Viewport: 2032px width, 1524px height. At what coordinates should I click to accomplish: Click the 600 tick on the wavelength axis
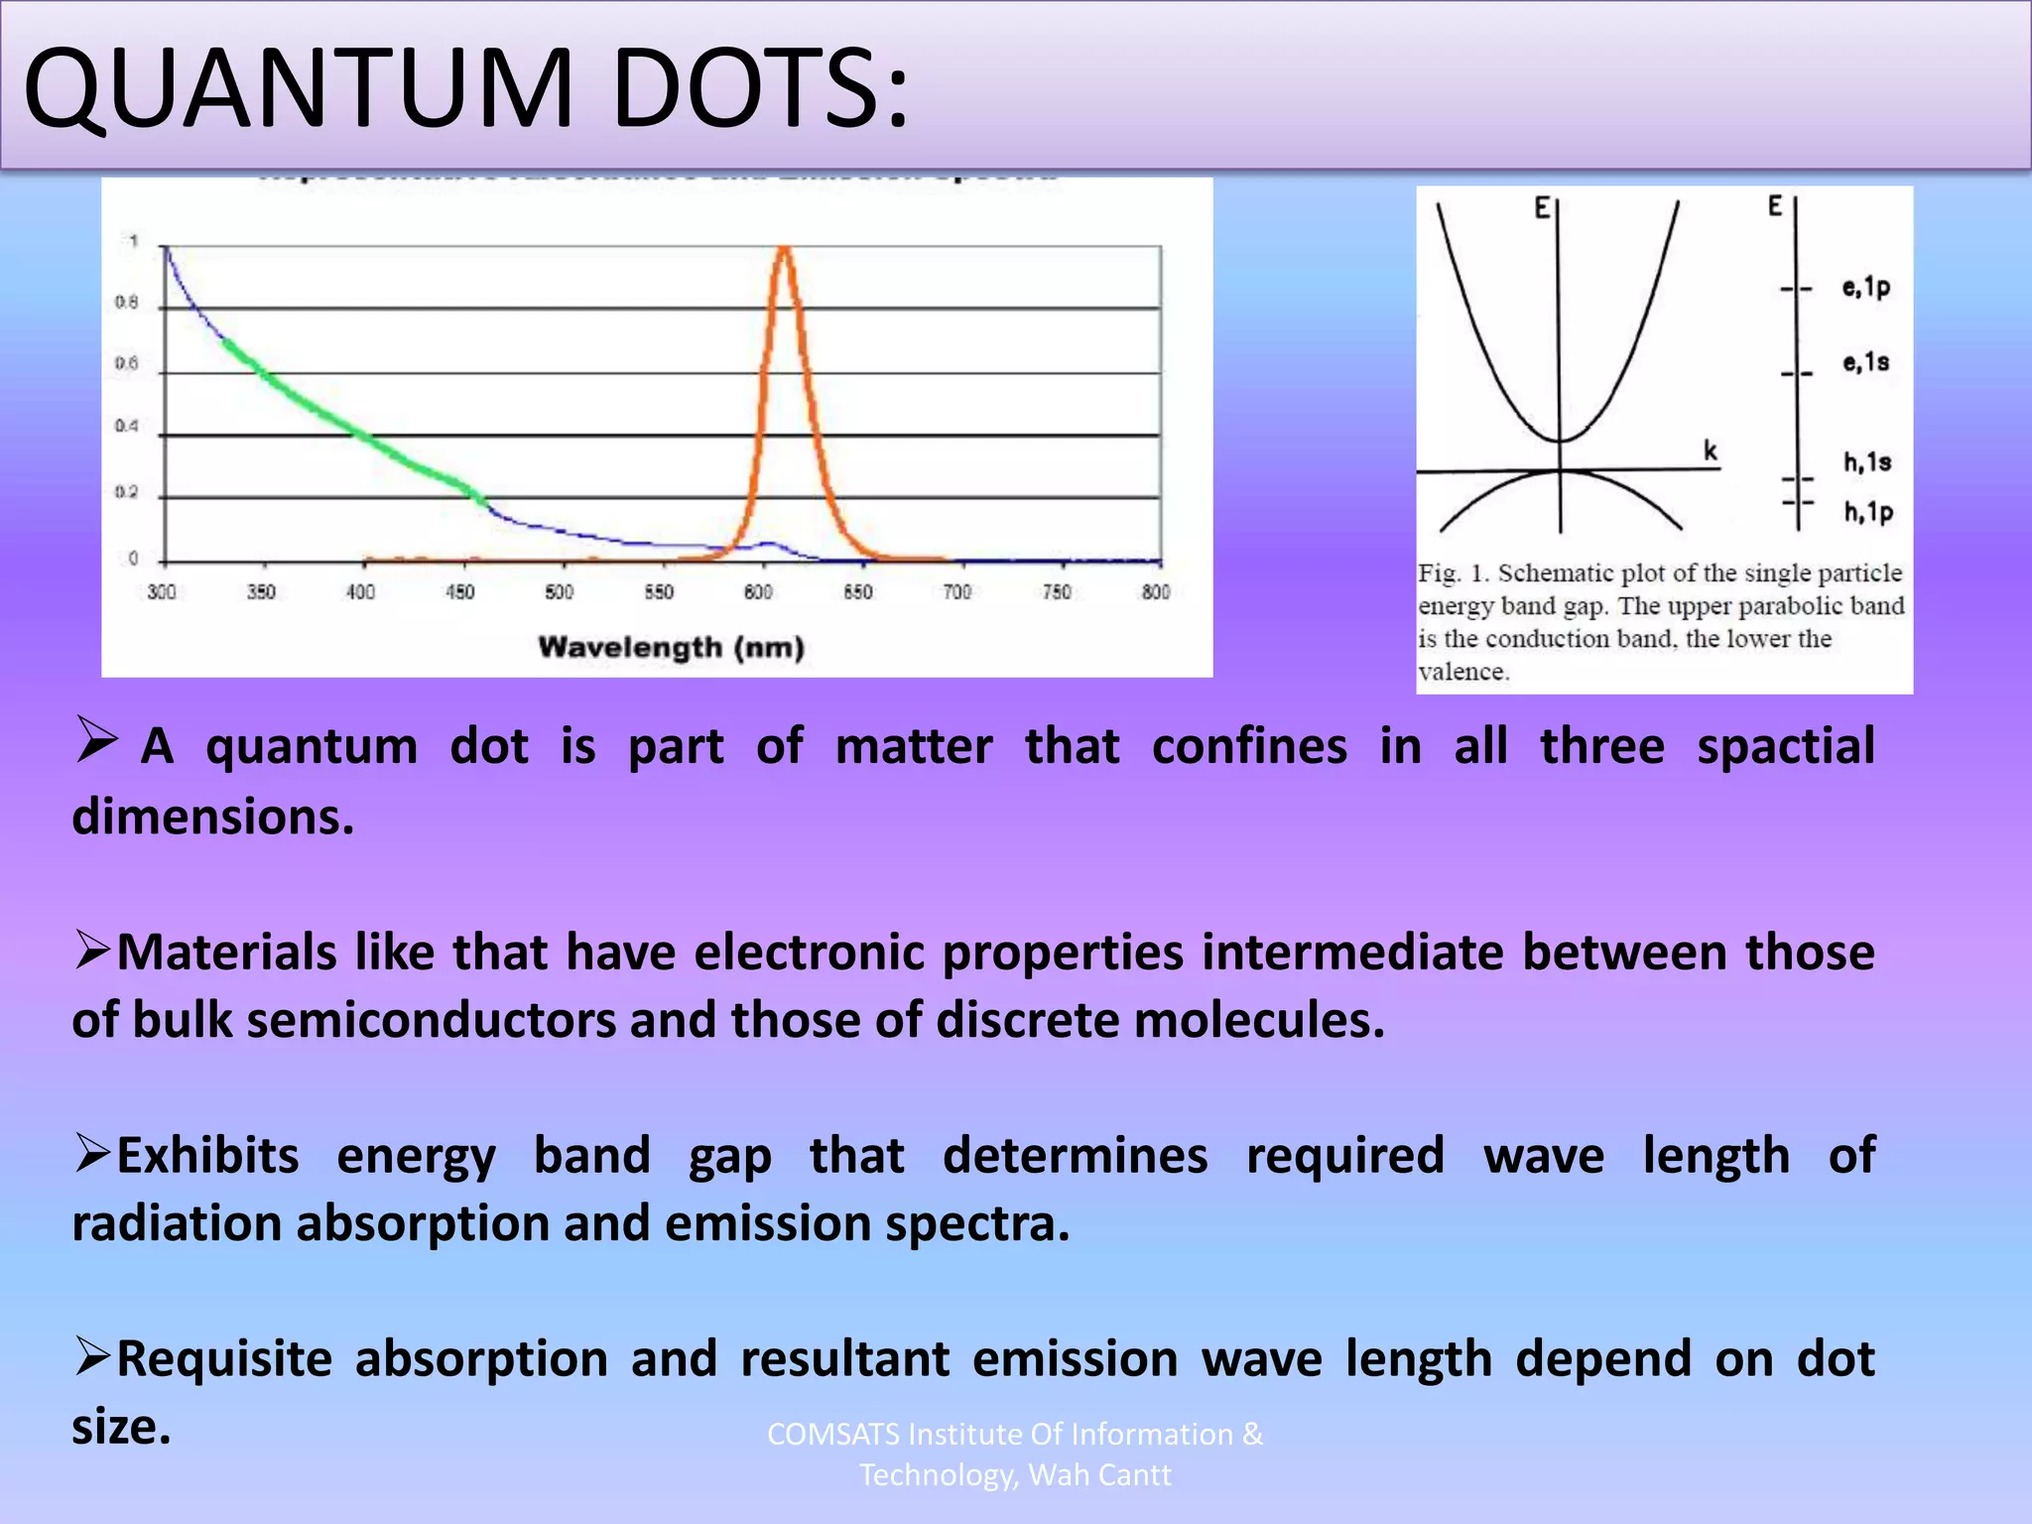pos(758,592)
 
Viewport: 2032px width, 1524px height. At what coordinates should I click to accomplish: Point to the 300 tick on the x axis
pos(162,592)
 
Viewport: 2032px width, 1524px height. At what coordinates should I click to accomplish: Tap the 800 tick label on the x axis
pos(1156,592)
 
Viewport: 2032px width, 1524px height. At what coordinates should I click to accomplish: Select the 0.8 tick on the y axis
pos(126,303)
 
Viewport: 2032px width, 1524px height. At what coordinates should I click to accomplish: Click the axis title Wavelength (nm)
pos(671,648)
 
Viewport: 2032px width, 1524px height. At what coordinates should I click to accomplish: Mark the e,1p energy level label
pos(1865,288)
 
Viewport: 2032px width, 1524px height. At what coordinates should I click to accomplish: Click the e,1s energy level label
pos(1865,362)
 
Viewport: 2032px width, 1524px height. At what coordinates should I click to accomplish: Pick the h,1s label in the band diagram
pos(1867,462)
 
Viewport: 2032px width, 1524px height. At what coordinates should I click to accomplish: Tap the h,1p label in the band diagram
pos(1868,512)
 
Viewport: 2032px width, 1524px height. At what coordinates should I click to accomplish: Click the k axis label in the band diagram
pos(1711,451)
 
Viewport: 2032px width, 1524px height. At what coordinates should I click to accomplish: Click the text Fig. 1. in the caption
pos(1454,573)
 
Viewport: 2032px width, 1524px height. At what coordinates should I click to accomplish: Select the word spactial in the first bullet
pos(1785,746)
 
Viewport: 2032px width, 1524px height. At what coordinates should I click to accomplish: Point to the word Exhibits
pos(207,1156)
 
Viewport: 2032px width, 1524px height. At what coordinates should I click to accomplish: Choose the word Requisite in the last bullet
pos(224,1359)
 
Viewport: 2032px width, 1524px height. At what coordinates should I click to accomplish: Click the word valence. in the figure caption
pos(1463,672)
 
